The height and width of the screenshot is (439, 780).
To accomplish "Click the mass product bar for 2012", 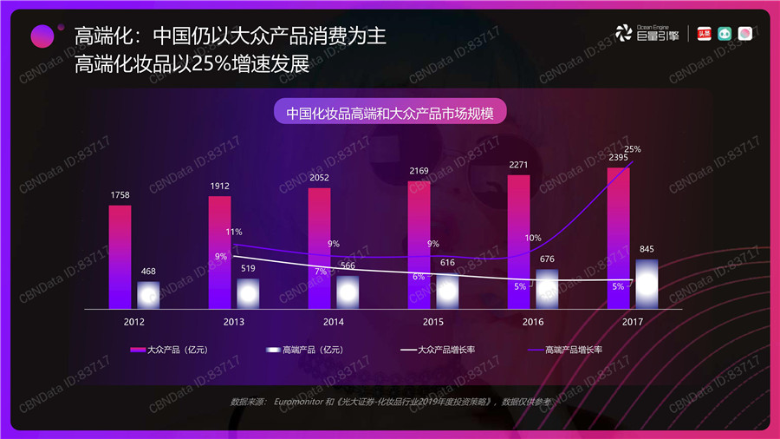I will tap(120, 257).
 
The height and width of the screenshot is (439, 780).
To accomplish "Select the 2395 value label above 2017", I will tap(618, 157).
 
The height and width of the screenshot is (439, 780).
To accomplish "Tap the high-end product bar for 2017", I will tap(647, 283).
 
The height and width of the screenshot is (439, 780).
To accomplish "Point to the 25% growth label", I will tap(632, 149).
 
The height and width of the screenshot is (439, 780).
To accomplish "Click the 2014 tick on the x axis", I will tap(333, 322).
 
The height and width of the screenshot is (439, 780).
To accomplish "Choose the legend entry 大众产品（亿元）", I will tap(169, 350).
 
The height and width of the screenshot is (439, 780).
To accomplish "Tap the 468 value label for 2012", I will tap(148, 272).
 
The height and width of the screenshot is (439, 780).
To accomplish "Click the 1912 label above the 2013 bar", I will tap(219, 186).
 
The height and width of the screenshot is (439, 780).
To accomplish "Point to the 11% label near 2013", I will tap(234, 232).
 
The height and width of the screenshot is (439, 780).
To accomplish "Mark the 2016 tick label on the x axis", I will tap(532, 322).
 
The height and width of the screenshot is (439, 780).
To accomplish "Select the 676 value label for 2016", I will tap(547, 259).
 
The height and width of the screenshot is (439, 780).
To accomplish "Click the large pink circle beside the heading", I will tap(42, 36).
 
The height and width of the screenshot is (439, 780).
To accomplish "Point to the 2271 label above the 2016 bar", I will tap(518, 164).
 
